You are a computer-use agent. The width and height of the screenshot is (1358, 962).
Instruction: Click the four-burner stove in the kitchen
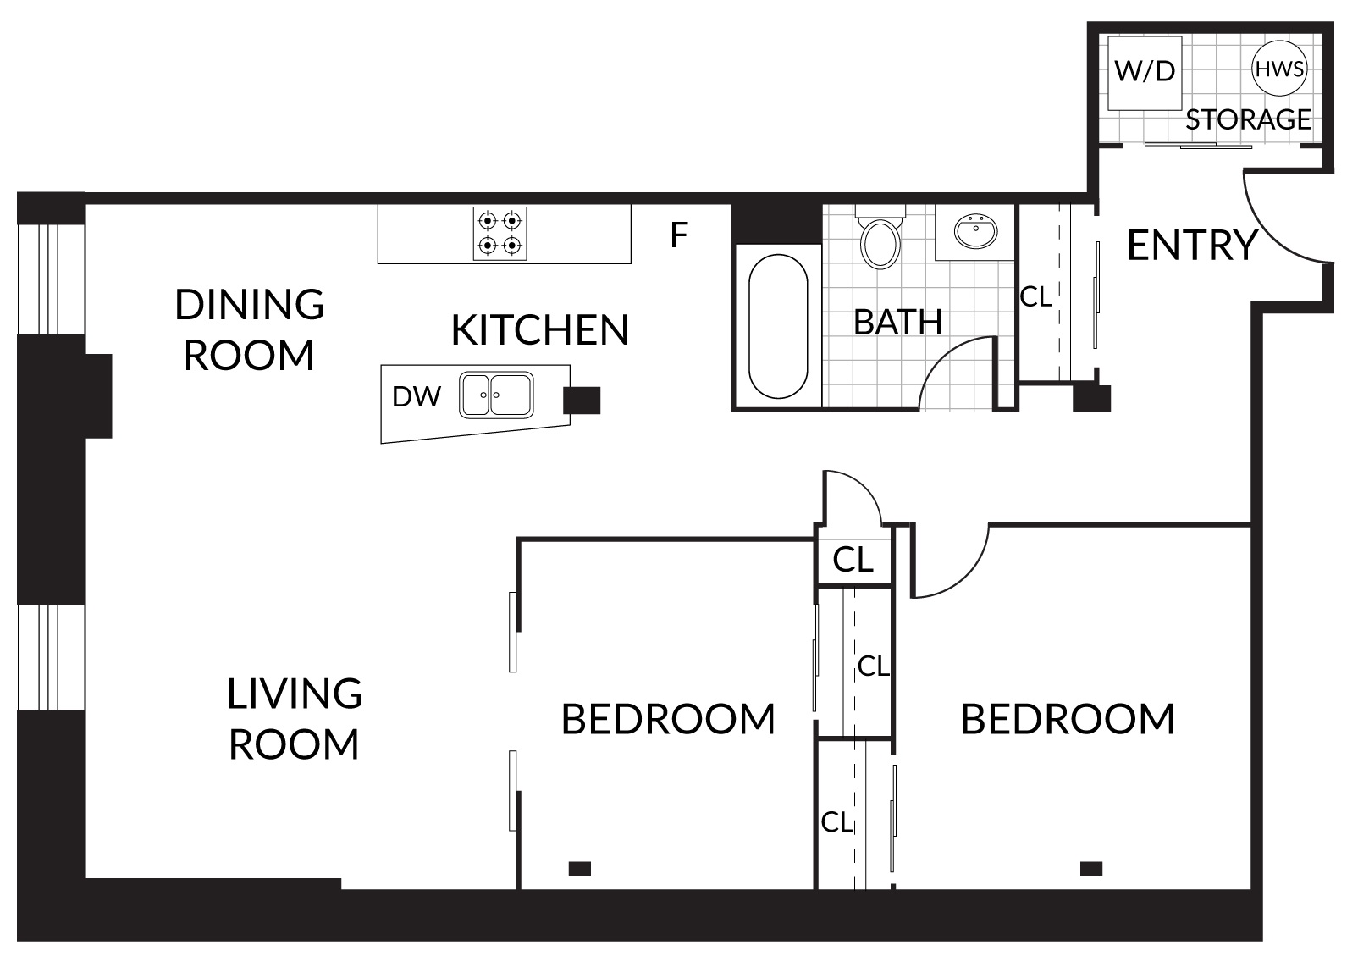tap(500, 234)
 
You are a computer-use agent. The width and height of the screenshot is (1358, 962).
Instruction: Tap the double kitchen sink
tap(496, 395)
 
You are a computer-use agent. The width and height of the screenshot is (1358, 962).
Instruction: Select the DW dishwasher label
tap(417, 397)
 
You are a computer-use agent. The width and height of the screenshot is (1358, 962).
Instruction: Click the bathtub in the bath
tap(778, 326)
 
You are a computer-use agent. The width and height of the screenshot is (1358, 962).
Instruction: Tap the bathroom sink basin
tap(975, 231)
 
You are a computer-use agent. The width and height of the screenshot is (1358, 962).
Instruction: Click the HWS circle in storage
tap(1279, 68)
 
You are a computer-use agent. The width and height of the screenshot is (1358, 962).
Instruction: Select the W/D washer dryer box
tap(1145, 74)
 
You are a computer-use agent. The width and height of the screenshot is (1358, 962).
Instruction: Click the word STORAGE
tap(1248, 119)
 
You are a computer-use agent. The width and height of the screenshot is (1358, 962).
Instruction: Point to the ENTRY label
tap(1192, 245)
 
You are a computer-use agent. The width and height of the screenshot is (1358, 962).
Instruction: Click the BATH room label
tap(898, 322)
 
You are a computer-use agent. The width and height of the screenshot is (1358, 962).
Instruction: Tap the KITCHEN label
tap(539, 330)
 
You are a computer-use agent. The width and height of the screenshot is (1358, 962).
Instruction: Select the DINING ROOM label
tap(249, 329)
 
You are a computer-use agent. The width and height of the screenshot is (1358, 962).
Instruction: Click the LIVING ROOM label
tap(295, 719)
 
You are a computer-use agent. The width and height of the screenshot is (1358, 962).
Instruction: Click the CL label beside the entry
tap(1035, 297)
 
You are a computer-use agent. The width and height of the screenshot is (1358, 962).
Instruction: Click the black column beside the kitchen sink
tap(582, 401)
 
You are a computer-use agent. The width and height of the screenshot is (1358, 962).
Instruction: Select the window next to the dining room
tap(51, 279)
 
